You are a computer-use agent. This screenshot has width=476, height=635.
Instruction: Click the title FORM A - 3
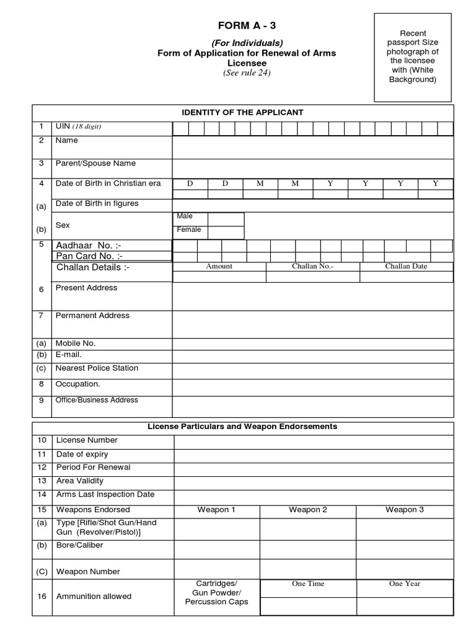(247, 25)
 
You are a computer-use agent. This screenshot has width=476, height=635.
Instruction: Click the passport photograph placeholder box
(413, 58)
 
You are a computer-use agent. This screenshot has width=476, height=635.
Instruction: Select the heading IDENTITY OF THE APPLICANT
(242, 112)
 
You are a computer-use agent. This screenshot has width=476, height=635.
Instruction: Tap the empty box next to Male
(226, 219)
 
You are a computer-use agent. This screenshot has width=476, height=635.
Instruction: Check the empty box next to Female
(226, 233)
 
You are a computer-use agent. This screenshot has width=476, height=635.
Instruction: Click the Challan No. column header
(312, 266)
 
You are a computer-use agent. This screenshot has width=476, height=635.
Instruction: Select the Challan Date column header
(406, 266)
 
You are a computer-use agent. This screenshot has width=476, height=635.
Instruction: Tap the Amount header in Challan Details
(219, 266)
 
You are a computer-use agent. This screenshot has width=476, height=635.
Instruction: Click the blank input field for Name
(312, 148)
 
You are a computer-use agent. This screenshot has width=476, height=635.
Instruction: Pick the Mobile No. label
(76, 343)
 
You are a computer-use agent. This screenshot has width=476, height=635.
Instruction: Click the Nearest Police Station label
(97, 368)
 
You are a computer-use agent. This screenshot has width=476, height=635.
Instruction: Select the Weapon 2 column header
(307, 510)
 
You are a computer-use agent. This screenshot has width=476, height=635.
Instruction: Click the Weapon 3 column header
(404, 510)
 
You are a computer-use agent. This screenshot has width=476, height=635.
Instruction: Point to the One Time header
(308, 584)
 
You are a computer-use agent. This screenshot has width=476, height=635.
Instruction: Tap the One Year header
(404, 584)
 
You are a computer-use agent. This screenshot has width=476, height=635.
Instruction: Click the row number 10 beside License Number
(42, 440)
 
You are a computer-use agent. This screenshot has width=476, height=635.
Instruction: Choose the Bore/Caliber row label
(80, 545)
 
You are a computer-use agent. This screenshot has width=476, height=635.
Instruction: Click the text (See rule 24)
(247, 73)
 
